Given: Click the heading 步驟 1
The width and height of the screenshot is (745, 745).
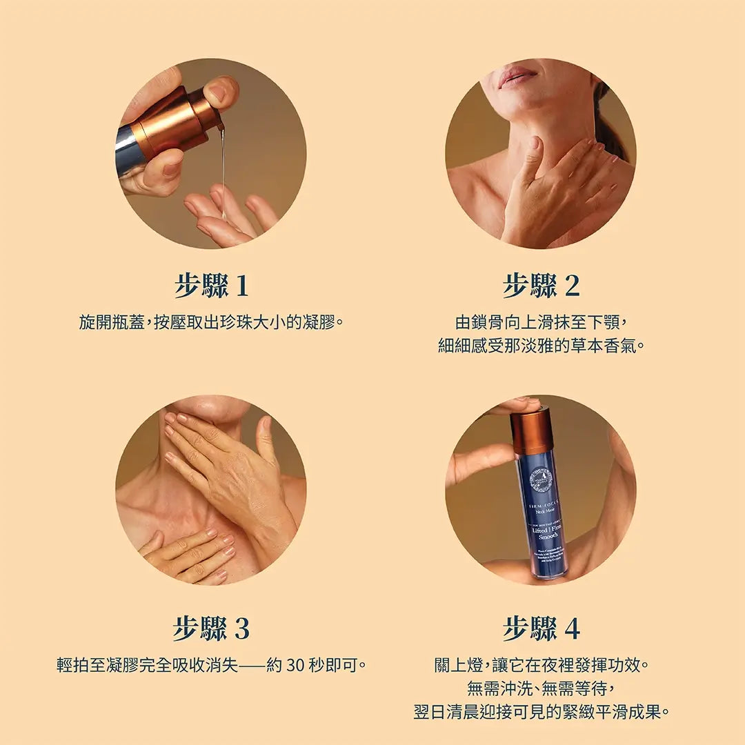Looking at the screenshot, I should tap(210, 286).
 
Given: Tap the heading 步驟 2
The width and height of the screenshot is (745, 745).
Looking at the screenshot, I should tap(541, 286).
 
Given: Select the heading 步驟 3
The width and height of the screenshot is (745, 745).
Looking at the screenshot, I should tap(210, 628).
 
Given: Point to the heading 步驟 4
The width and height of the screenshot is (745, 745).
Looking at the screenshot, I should tap(541, 628).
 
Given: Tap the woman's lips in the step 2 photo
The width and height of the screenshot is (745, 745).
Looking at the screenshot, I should tap(517, 76).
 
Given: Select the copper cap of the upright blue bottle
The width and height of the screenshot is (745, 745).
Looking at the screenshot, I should tap(532, 431).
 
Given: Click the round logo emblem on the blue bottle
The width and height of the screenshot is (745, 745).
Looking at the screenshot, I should tap(541, 479).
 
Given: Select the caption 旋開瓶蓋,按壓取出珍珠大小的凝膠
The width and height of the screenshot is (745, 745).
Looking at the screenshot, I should tap(210, 322).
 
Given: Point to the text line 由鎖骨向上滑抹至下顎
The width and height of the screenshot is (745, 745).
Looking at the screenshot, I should tap(541, 322).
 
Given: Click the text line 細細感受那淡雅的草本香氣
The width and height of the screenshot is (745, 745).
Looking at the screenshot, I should tap(541, 345).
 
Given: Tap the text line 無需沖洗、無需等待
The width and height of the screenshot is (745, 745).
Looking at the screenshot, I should tap(541, 688).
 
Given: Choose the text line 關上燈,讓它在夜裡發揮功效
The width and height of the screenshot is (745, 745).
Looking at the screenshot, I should tap(541, 666).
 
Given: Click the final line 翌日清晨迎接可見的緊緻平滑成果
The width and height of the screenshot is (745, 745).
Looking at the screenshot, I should tap(541, 711).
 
